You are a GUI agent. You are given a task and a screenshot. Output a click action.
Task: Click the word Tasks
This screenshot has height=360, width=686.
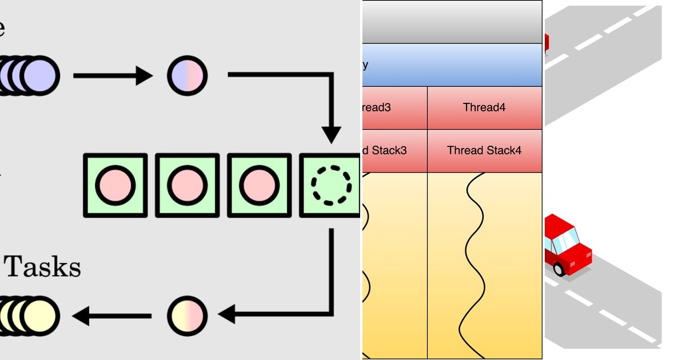point(43,267)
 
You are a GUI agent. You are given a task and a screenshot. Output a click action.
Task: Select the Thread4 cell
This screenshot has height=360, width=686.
point(484,107)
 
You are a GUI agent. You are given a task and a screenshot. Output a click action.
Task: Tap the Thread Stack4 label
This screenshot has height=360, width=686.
point(484,150)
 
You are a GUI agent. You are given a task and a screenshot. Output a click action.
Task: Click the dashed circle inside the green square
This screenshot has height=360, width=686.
point(330,185)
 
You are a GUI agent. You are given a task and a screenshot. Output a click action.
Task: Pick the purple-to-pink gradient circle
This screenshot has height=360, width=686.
point(187,75)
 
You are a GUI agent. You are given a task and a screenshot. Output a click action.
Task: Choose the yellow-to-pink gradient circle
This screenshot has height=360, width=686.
point(187,315)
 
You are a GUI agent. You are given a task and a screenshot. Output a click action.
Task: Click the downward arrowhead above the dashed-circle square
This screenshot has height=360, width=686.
point(331,135)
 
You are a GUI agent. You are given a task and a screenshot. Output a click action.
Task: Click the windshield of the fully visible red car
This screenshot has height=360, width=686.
point(564,241)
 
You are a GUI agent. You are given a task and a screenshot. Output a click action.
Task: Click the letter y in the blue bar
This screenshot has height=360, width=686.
point(365,65)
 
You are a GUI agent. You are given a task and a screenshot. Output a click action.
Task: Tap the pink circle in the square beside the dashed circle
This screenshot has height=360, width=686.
point(259,185)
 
